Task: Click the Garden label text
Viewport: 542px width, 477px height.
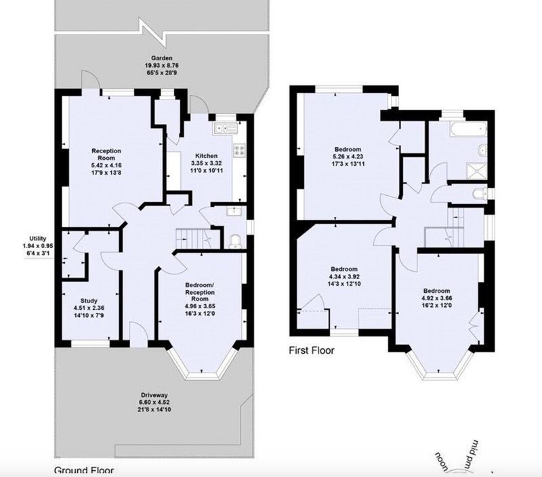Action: pyautogui.click(x=161, y=58)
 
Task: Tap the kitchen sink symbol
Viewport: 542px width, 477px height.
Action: pyautogui.click(x=225, y=128)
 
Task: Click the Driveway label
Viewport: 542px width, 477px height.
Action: pyautogui.click(x=154, y=395)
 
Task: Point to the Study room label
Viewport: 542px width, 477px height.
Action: pyautogui.click(x=89, y=301)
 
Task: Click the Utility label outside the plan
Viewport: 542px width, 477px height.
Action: pyautogui.click(x=38, y=239)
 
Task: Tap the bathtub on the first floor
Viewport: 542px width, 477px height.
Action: pyautogui.click(x=468, y=128)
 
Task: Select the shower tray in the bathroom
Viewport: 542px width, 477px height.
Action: pyautogui.click(x=476, y=172)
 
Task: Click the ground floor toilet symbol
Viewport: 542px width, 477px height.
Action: pyautogui.click(x=235, y=241)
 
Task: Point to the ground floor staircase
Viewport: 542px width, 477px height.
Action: pyautogui.click(x=198, y=239)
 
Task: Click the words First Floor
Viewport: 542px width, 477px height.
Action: pyautogui.click(x=312, y=350)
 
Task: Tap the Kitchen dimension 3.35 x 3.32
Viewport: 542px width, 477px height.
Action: pyautogui.click(x=207, y=163)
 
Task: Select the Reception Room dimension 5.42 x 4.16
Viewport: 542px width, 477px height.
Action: pyautogui.click(x=106, y=165)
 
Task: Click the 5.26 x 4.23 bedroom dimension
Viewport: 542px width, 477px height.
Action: pyautogui.click(x=348, y=157)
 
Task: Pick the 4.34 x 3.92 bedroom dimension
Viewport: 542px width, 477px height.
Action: pyautogui.click(x=344, y=276)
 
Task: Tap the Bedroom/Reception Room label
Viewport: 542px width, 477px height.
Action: pyautogui.click(x=200, y=292)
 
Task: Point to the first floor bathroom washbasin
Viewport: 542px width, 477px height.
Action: pyautogui.click(x=482, y=150)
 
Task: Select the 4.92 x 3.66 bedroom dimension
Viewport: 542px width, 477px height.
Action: pyautogui.click(x=437, y=298)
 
